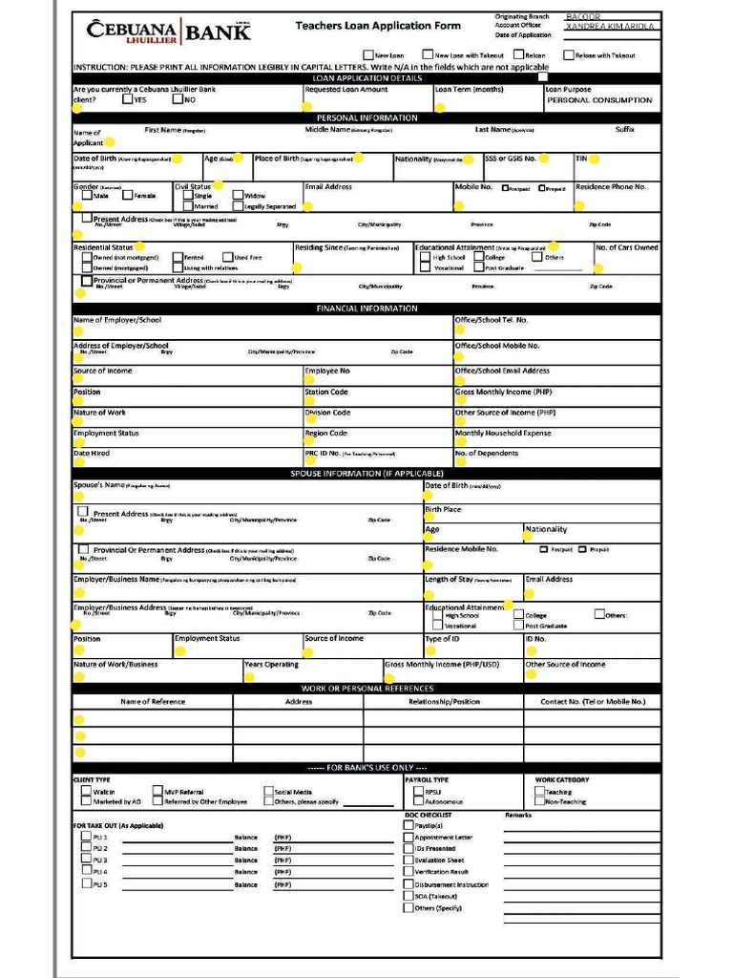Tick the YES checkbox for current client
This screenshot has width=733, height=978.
click(128, 99)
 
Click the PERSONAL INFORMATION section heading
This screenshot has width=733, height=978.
click(366, 117)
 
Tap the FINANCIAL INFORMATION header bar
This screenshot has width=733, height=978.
click(366, 308)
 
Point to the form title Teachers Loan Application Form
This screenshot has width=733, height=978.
click(377, 26)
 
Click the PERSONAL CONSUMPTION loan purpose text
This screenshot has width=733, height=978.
click(599, 100)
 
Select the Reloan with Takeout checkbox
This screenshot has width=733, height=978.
click(568, 55)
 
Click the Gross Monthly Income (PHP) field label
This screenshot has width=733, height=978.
click(503, 393)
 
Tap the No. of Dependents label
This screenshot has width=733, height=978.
click(487, 454)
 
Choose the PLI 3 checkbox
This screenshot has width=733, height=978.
click(86, 860)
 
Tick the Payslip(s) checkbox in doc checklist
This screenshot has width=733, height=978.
click(408, 825)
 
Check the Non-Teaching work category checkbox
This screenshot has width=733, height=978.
click(539, 802)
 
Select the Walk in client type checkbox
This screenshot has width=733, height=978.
click(86, 792)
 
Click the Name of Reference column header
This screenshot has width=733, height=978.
click(153, 701)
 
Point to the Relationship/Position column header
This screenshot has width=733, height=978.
click(444, 701)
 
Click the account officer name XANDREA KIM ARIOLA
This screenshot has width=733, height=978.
click(609, 27)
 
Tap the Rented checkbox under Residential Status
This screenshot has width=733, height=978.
click(178, 257)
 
